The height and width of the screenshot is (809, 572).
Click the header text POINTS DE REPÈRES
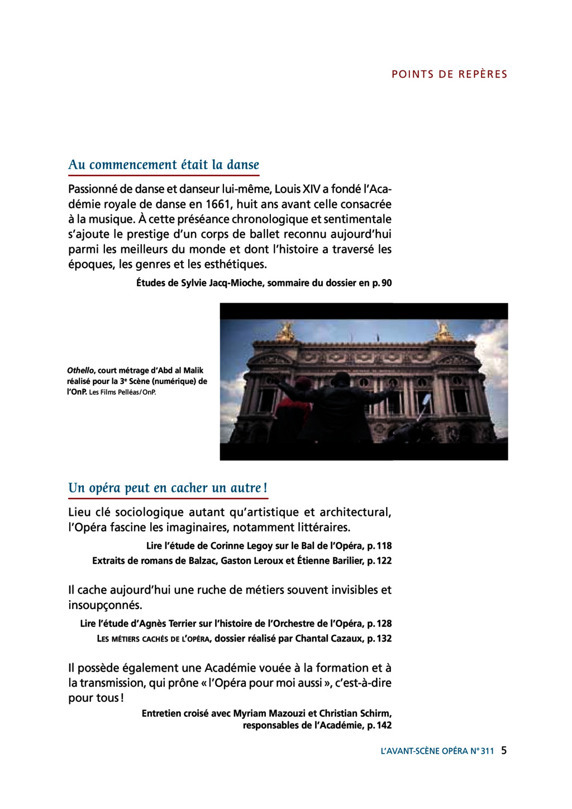(449, 74)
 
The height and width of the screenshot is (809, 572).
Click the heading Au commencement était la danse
(164, 165)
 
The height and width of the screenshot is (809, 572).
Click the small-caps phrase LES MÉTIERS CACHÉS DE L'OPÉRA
(154, 639)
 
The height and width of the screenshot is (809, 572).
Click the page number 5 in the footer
(504, 750)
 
